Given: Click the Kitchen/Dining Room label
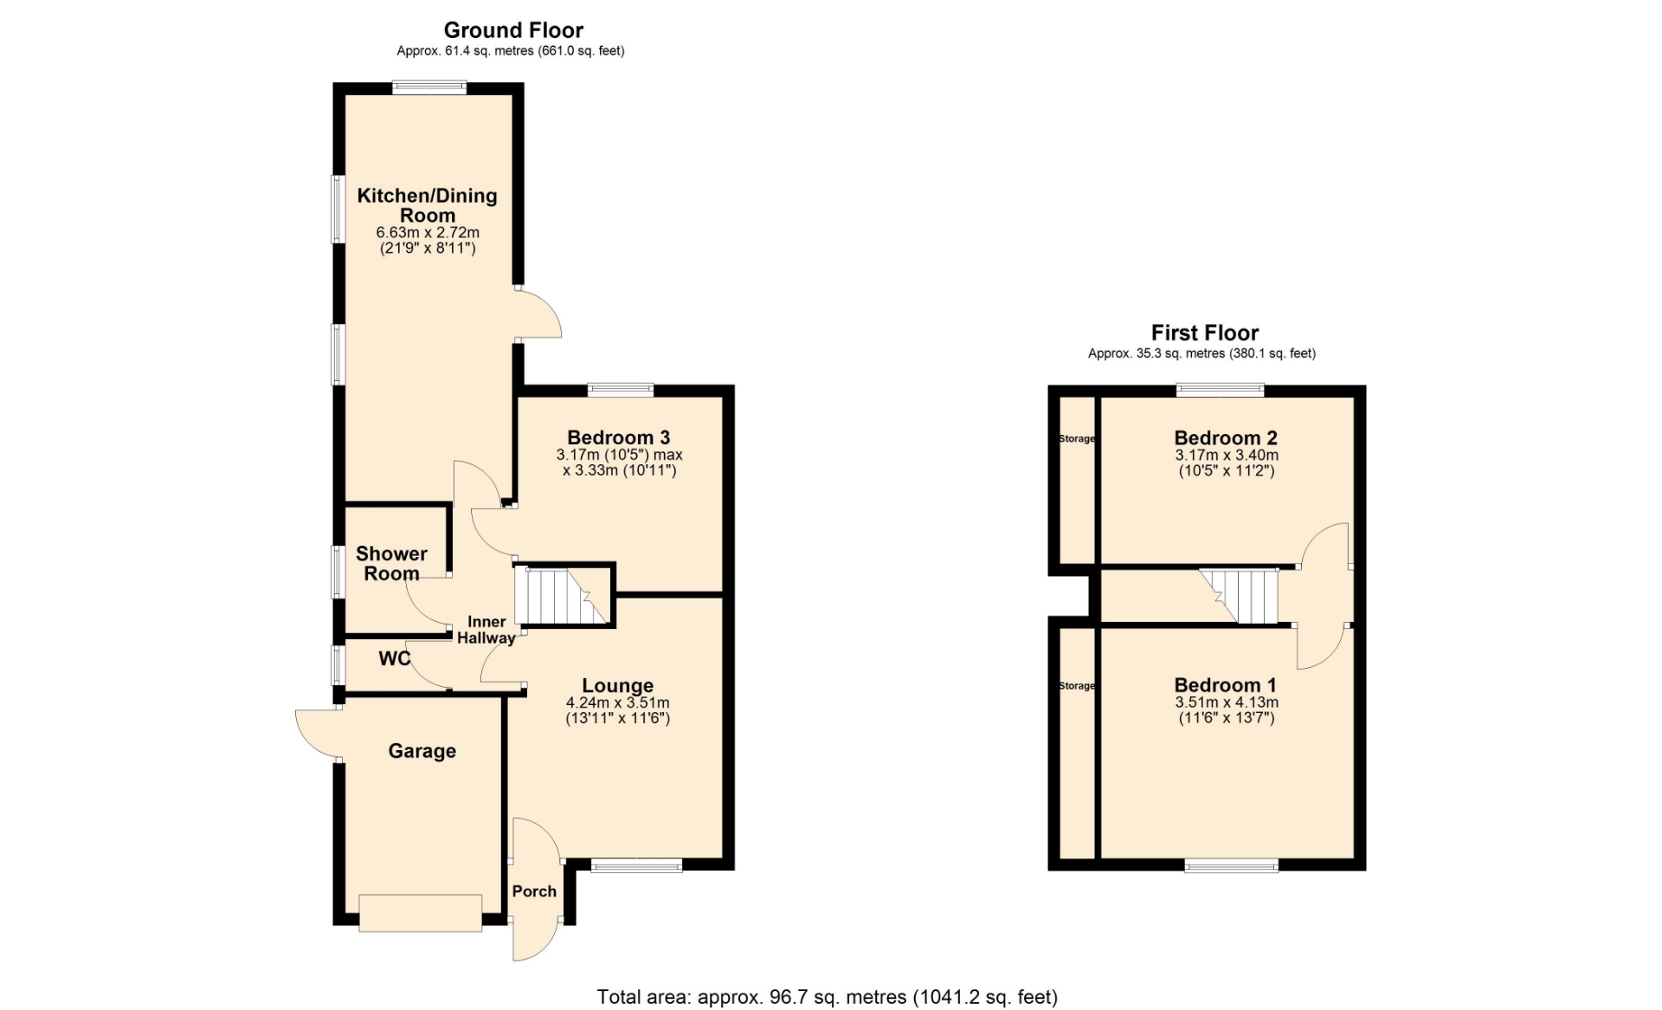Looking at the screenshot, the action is [428, 205].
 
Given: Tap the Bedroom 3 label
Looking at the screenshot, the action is [619, 437].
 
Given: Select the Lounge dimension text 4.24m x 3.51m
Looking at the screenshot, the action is [618, 703].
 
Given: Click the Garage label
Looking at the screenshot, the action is [422, 751].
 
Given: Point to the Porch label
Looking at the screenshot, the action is [534, 891].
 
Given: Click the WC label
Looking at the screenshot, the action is [395, 658].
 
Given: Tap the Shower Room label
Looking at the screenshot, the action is [391, 563].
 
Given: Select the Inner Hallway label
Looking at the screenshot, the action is [486, 630].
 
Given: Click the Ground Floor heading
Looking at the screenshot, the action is [513, 30].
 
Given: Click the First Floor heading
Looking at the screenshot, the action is [1205, 333].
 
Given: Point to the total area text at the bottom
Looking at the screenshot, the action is [828, 997].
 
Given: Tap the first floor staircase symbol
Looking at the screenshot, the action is [1239, 596].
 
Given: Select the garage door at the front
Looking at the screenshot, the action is [421, 913].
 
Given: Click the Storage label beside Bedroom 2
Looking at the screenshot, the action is [1077, 438].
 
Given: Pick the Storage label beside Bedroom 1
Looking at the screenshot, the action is [1077, 685].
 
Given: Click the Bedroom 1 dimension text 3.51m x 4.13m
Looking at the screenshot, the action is [1227, 702].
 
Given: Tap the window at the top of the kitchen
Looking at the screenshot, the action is [429, 87].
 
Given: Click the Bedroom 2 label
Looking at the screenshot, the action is [1226, 437].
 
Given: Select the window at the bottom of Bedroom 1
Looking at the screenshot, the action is [1231, 864].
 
